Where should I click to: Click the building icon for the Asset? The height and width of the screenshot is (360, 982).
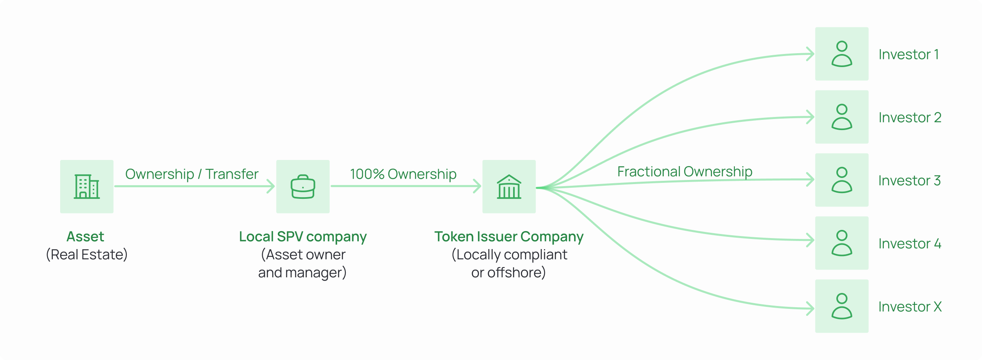(x=87, y=187)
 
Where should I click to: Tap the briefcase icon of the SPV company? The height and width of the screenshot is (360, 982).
(x=303, y=187)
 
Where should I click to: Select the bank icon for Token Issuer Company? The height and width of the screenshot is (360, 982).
(x=509, y=187)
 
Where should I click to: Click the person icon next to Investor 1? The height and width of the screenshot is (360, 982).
(x=842, y=54)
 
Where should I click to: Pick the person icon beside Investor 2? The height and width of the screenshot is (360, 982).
(x=842, y=117)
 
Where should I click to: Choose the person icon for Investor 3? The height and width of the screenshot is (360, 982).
(x=842, y=180)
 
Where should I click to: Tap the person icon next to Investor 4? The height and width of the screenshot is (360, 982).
(x=842, y=243)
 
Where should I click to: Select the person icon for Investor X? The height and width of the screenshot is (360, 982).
(x=842, y=306)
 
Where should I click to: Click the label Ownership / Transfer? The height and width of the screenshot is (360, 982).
(x=191, y=174)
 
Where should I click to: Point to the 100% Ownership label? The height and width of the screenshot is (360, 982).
(x=403, y=174)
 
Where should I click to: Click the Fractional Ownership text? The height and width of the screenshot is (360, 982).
(x=685, y=172)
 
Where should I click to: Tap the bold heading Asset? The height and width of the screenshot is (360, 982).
(x=86, y=236)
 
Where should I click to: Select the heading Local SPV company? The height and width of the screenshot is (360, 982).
(x=303, y=236)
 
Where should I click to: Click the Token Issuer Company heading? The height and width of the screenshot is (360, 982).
(x=509, y=236)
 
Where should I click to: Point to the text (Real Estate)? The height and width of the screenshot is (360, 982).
(x=87, y=254)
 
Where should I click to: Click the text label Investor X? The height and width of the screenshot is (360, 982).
(x=910, y=307)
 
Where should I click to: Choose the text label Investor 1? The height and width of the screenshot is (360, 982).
(x=908, y=54)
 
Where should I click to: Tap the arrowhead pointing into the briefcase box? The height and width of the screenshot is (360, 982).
(x=271, y=186)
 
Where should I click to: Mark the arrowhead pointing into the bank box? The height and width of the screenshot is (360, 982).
(x=477, y=186)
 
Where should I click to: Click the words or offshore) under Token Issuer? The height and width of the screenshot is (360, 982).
(x=508, y=272)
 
